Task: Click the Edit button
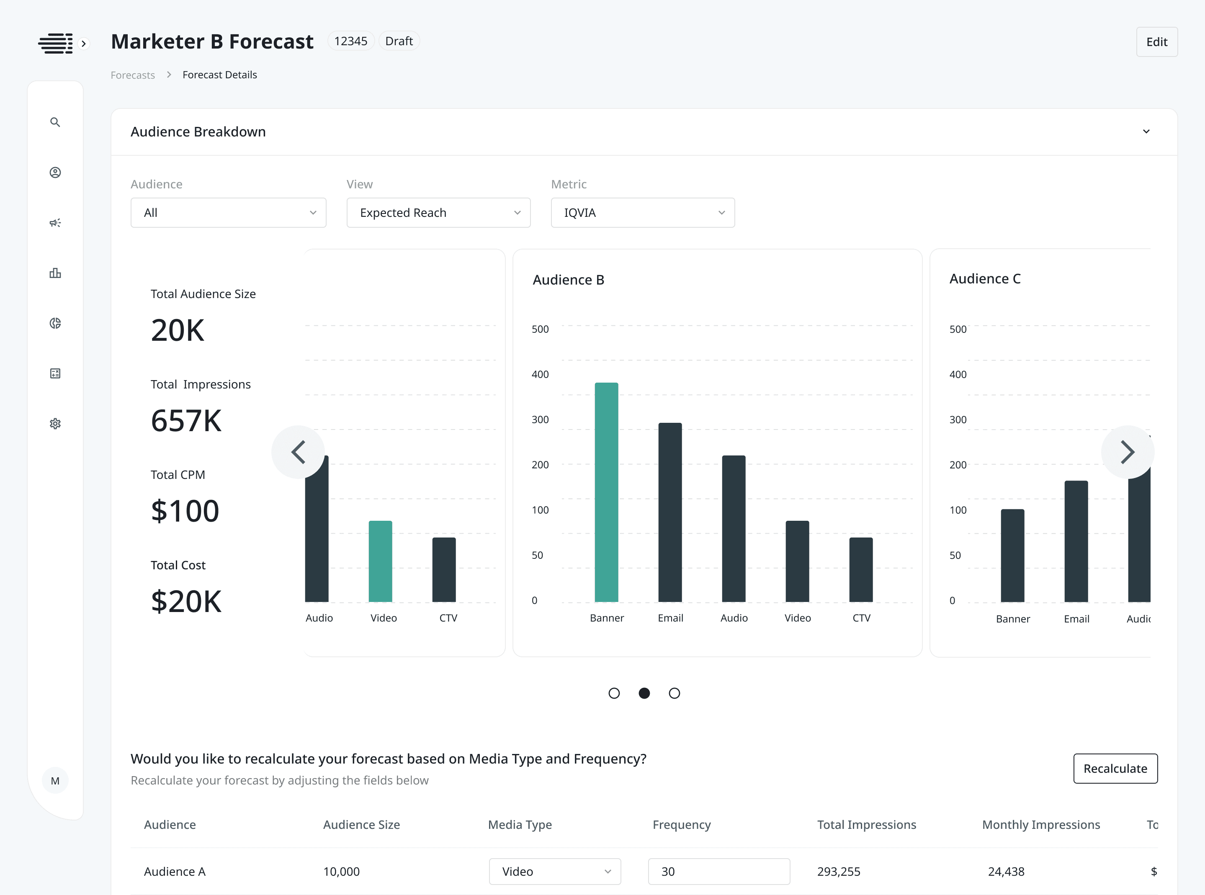[x=1156, y=42]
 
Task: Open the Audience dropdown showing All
[x=228, y=212]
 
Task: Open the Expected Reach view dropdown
[x=438, y=212]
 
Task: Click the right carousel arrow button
[x=1127, y=452]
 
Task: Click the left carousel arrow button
[x=298, y=452]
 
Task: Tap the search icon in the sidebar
[x=55, y=122]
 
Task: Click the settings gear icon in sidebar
[x=55, y=424]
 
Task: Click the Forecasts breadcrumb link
[x=133, y=75]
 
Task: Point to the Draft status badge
[x=399, y=41]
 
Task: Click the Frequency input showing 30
[x=718, y=871]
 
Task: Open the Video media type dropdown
[x=554, y=871]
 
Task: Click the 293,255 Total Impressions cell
[x=838, y=871]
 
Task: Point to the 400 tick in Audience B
[x=540, y=374]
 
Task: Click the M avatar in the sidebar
[x=55, y=781]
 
